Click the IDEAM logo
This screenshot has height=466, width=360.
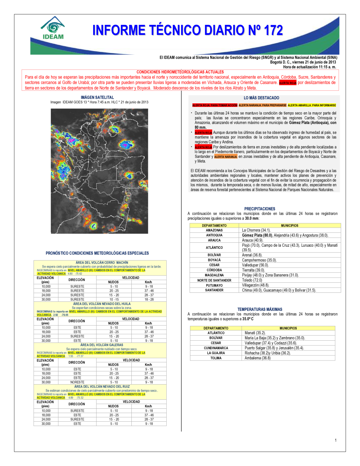[53, 28]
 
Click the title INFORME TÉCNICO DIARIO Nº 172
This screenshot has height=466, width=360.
[188, 30]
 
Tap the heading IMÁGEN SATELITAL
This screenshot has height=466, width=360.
[97, 98]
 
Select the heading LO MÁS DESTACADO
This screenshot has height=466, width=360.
[261, 98]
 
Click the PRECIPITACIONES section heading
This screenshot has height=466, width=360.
[260, 209]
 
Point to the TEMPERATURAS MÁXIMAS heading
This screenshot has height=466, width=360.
[260, 309]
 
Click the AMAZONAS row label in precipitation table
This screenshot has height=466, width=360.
[214, 230]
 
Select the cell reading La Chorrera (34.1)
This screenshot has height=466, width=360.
[256, 230]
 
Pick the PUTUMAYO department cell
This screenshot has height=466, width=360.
[214, 285]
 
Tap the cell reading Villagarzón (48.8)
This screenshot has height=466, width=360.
[255, 285]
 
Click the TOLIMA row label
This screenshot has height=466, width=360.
[216, 358]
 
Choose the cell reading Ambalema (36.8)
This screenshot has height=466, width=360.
[257, 358]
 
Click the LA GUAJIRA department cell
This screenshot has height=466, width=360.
[216, 353]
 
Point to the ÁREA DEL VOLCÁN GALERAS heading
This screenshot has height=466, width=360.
[102, 345]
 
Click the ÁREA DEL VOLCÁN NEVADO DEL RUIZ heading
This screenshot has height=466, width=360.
[102, 387]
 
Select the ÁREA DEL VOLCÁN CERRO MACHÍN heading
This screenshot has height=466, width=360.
[102, 263]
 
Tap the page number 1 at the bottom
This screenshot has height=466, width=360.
[336, 440]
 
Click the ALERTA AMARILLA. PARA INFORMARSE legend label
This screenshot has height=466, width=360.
[312, 106]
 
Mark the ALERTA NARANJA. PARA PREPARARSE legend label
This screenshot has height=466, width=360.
[262, 106]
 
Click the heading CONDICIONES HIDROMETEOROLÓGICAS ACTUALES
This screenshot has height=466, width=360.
[180, 72]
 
